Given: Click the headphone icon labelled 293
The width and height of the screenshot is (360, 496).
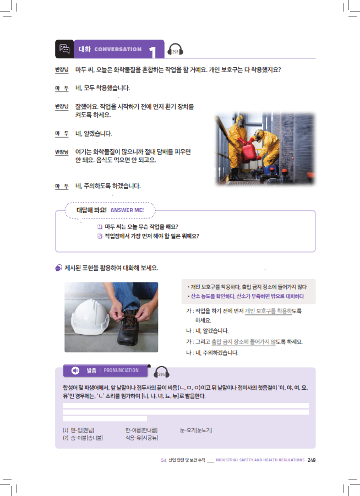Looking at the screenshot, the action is [x=175, y=50].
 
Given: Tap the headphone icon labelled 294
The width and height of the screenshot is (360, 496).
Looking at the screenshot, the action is [x=161, y=372].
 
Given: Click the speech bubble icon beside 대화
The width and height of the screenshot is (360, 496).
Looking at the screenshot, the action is [x=64, y=49].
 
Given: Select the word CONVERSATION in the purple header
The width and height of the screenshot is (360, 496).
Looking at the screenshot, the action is [x=118, y=50].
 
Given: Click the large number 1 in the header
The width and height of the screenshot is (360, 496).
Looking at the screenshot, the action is [x=153, y=52].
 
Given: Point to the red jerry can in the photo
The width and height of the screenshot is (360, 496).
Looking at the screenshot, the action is [x=249, y=153].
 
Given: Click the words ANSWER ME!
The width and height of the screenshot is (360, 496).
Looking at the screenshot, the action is [x=127, y=210].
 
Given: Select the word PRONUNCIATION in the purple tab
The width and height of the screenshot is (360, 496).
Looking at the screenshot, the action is [x=121, y=370].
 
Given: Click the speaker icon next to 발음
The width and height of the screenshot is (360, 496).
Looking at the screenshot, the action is [x=75, y=370].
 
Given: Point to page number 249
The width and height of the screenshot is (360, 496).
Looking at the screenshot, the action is [x=312, y=460].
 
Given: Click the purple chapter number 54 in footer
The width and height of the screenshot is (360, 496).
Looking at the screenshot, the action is [x=163, y=460].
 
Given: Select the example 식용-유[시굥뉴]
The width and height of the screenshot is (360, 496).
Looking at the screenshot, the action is [x=141, y=438].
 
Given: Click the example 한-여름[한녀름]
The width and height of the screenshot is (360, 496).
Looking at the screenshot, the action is [x=141, y=430].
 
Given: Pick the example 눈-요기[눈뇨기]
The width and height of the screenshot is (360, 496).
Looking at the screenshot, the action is [x=196, y=430].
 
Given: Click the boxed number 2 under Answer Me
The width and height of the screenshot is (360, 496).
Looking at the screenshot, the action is [x=100, y=236].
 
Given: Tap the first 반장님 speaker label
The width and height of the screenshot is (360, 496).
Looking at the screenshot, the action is [x=62, y=69].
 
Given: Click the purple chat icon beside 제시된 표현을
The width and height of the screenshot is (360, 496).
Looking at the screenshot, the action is [x=58, y=268].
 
